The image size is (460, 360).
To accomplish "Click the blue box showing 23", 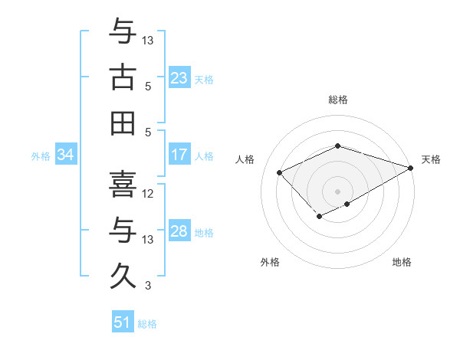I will [x=179, y=78].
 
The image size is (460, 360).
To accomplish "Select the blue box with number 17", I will [x=179, y=155].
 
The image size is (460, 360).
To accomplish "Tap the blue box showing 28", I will [x=179, y=231].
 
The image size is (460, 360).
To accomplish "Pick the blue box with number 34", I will [x=66, y=155].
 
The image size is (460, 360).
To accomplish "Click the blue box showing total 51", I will [x=123, y=322].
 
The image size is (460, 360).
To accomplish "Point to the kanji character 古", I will [x=123, y=77].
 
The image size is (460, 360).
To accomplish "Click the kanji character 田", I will [x=123, y=123].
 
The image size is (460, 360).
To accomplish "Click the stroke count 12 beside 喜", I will [x=149, y=193].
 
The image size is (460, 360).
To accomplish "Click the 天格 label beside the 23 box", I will [x=204, y=80].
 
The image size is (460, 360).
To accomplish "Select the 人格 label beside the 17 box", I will [x=204, y=156].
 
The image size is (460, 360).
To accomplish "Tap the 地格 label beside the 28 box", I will [x=204, y=233].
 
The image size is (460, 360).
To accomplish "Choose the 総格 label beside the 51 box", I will [x=147, y=324].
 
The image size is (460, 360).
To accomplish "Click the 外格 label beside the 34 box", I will [x=41, y=156].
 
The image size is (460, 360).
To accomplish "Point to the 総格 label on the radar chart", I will [x=338, y=100].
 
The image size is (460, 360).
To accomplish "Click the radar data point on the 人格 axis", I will [x=280, y=172].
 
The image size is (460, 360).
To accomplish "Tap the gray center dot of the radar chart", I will [x=338, y=191].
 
